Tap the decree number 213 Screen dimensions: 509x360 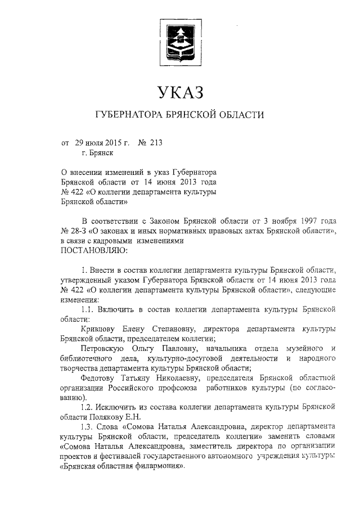(155, 143)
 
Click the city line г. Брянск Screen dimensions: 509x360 (97, 152)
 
